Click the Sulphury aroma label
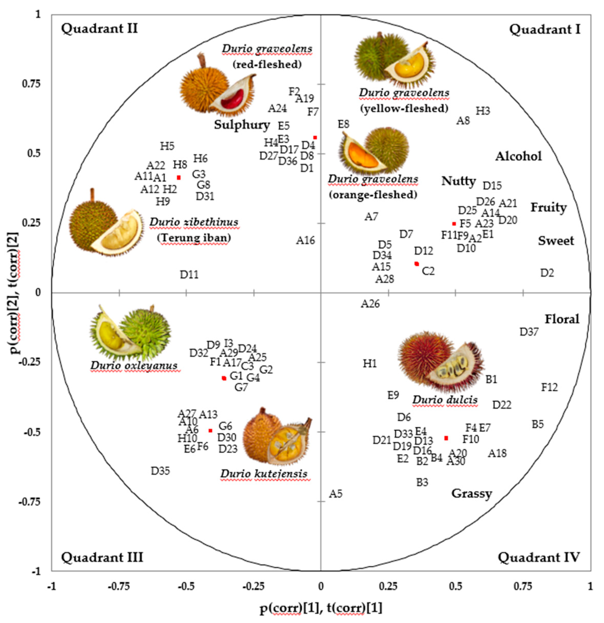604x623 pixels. [242, 125]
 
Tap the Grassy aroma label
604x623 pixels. [472, 494]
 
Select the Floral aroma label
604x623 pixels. [562, 319]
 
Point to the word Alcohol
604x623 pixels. [518, 156]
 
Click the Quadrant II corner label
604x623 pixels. [99, 29]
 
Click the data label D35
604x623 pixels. [160, 471]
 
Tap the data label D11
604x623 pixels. [189, 274]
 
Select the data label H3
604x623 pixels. [483, 111]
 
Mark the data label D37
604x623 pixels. [529, 332]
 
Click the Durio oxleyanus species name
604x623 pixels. [134, 366]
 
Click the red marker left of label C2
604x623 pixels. [416, 264]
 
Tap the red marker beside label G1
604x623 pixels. [224, 378]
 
